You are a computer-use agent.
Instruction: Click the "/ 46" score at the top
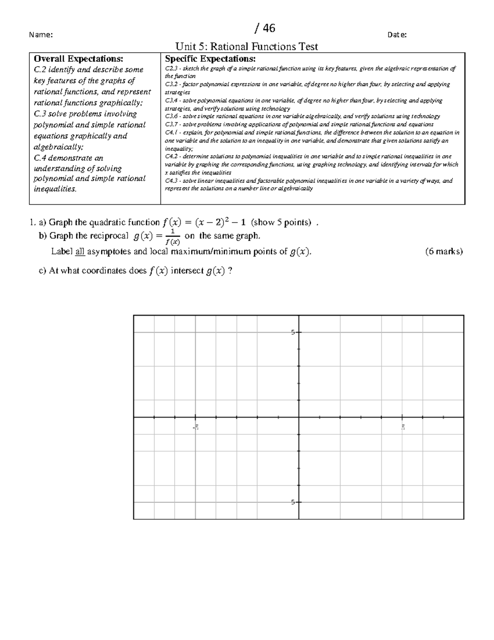pyautogui.click(x=265, y=28)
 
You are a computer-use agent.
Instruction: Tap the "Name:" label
pyautogui.click(x=41, y=35)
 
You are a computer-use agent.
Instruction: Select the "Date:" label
pyautogui.click(x=397, y=35)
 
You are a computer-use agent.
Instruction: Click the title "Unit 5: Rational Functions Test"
pyautogui.click(x=247, y=47)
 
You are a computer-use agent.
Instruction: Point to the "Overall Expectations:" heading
pyautogui.click(x=78, y=59)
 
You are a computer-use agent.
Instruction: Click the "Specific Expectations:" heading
pyautogui.click(x=210, y=59)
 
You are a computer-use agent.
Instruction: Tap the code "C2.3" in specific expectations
pyautogui.click(x=170, y=69)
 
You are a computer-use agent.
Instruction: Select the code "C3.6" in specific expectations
pyautogui.click(x=170, y=117)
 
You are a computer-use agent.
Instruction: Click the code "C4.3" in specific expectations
pyautogui.click(x=170, y=181)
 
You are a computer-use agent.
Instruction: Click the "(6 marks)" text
pyautogui.click(x=444, y=251)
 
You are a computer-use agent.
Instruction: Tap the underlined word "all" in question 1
pyautogui.click(x=80, y=251)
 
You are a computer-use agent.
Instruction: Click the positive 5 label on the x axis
pyautogui.click(x=403, y=427)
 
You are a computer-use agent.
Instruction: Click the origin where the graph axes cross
pyautogui.click(x=299, y=417)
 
